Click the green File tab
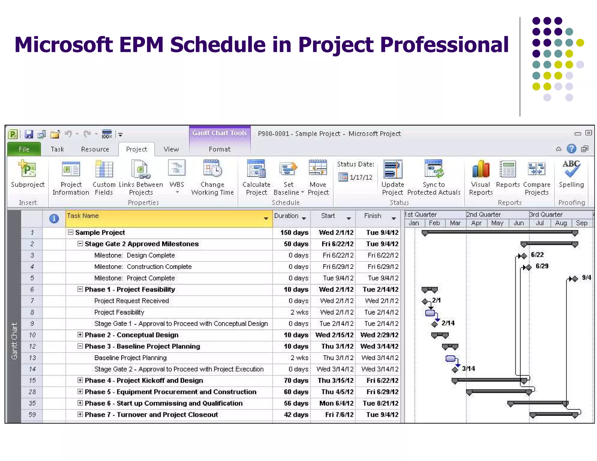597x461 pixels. [24, 149]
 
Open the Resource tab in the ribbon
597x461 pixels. [95, 149]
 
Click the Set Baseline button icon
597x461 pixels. [288, 169]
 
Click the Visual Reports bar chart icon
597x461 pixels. [481, 169]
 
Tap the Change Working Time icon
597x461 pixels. [213, 168]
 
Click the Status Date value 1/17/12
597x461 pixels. [361, 177]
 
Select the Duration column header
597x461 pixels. [286, 216]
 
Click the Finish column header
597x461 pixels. [373, 216]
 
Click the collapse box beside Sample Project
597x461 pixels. [70, 232]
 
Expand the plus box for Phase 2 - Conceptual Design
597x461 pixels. [80, 335]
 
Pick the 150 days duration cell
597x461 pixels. [294, 233]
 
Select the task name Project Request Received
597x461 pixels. [131, 301]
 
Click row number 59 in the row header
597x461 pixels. [32, 415]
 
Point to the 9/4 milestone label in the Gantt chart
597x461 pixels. [587, 278]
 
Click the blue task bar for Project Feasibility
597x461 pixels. [430, 313]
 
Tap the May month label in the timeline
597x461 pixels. [497, 223]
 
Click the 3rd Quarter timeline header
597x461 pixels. [546, 215]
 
